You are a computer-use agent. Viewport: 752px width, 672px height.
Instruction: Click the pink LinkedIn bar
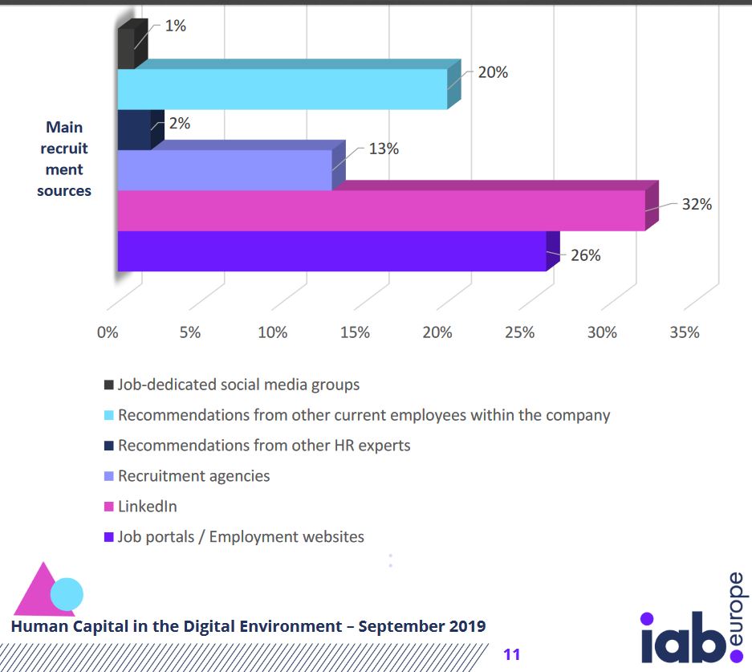pyautogui.click(x=381, y=210)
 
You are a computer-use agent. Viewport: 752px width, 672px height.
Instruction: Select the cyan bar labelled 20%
pyautogui.click(x=282, y=88)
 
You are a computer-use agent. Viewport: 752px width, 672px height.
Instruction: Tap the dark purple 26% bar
pyautogui.click(x=331, y=250)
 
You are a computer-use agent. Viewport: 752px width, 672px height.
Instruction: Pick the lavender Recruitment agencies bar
pyautogui.click(x=225, y=169)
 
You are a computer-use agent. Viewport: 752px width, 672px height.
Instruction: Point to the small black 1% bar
pyautogui.click(x=126, y=48)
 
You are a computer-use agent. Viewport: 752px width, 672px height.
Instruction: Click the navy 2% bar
pyautogui.click(x=134, y=130)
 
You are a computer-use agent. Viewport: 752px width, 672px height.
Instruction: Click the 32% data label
pyautogui.click(x=697, y=204)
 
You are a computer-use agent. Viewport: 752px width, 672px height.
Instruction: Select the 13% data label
pyautogui.click(x=384, y=149)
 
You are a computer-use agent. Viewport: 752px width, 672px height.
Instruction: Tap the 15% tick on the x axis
pyautogui.click(x=355, y=332)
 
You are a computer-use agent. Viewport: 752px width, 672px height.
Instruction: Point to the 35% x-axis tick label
pyautogui.click(x=684, y=332)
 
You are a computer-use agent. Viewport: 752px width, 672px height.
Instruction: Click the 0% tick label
pyautogui.click(x=108, y=332)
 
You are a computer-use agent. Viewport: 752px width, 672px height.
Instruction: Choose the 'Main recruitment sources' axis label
pyautogui.click(x=64, y=159)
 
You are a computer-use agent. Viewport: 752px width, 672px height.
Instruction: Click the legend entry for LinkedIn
pyautogui.click(x=148, y=507)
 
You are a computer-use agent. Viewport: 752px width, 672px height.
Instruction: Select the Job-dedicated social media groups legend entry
pyautogui.click(x=238, y=385)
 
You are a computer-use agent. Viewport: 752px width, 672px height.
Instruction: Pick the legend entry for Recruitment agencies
pyautogui.click(x=193, y=476)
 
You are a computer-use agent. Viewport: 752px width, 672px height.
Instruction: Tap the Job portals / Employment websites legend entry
pyautogui.click(x=241, y=537)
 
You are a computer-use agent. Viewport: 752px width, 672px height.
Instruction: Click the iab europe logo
pyautogui.click(x=693, y=627)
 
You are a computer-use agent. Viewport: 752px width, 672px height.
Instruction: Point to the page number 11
pyautogui.click(x=512, y=654)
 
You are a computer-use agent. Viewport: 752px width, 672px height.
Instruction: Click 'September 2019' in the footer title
pyautogui.click(x=422, y=626)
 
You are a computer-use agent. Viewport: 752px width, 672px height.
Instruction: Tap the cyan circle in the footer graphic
pyautogui.click(x=67, y=594)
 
